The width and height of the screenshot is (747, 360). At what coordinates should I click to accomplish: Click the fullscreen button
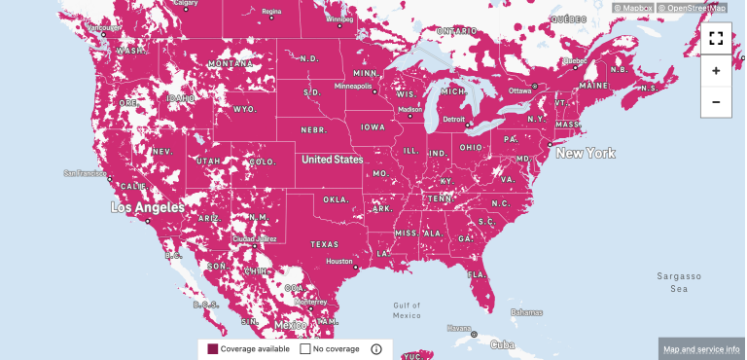716,39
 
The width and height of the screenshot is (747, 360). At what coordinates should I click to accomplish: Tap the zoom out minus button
716,102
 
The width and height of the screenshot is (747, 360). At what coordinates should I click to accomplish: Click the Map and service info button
701,348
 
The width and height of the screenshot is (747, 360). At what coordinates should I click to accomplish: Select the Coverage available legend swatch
213,348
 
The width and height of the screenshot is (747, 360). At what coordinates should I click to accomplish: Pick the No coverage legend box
304,348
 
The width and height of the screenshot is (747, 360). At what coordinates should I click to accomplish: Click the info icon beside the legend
376,348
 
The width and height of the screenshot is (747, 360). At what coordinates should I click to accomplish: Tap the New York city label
584,154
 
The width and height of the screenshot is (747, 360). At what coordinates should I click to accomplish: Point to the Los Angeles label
147,207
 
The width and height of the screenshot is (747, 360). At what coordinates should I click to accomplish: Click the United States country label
332,159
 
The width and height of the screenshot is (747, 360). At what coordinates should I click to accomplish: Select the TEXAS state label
325,244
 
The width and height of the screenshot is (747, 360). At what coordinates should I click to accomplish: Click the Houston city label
339,261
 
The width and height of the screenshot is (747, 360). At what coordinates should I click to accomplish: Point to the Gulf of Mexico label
407,309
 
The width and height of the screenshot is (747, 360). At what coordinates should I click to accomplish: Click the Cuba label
502,344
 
